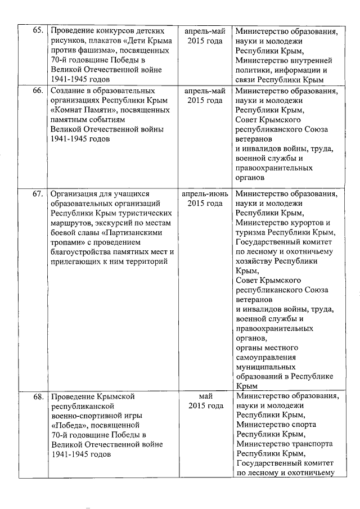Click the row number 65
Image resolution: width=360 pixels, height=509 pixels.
coord(38,30)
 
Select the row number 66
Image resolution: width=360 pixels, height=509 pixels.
coord(38,91)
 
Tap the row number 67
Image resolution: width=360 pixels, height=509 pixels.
coord(38,194)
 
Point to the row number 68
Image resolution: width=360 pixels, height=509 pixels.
coord(38,397)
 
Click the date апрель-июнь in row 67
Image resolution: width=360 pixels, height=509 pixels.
coord(205,193)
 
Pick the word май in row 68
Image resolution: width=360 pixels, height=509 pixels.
coord(205,396)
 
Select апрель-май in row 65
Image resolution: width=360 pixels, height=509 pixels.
coord(205,30)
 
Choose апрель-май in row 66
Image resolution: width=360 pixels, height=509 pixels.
coord(205,91)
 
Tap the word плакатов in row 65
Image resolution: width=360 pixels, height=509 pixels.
coord(101,40)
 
